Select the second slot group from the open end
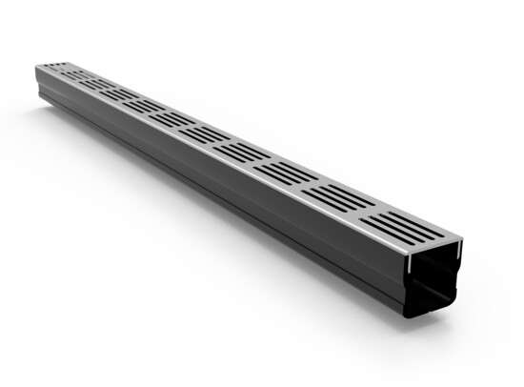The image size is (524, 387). pos(340,195)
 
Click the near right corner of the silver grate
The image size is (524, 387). pos(464,245)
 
